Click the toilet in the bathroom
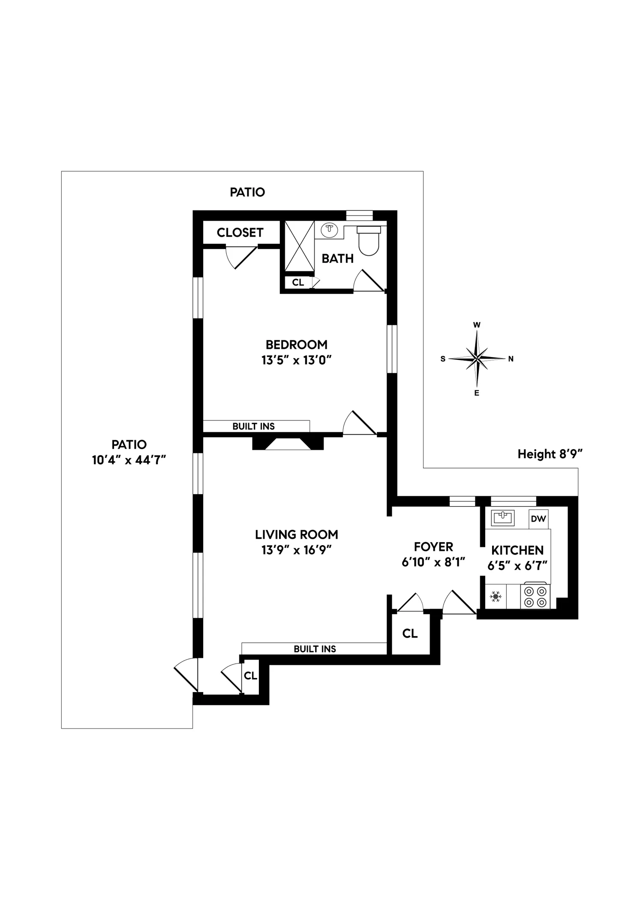tap(369, 240)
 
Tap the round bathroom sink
tap(329, 230)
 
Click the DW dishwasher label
tap(538, 519)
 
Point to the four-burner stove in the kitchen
tap(535, 597)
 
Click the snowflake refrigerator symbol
tap(496, 597)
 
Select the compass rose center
tap(477, 358)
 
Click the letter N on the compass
tap(511, 359)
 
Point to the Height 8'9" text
tap(550, 454)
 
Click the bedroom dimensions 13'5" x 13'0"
tap(297, 360)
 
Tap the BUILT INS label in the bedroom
tap(253, 426)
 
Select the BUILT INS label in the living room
tap(315, 649)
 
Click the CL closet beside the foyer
tap(410, 633)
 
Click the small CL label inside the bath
tap(298, 282)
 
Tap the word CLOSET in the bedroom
tap(240, 233)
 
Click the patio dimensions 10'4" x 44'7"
tap(129, 460)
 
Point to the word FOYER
tap(433, 547)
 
